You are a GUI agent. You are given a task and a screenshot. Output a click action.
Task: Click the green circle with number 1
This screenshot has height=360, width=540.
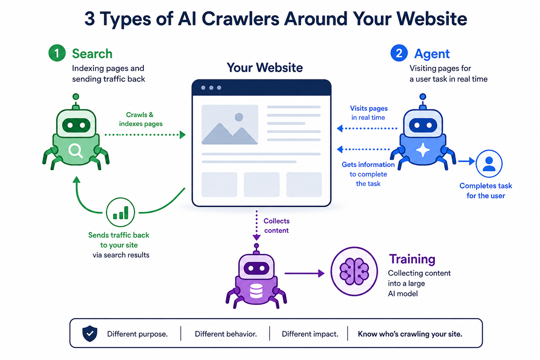[57, 53]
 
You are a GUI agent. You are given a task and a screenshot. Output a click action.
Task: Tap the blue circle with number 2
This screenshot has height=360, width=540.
[399, 53]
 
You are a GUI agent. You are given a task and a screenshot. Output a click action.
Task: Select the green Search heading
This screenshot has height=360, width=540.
[92, 53]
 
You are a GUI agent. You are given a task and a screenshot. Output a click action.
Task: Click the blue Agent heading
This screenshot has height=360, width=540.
[432, 54]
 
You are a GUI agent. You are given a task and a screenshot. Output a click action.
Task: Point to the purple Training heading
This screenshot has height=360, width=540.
[412, 259]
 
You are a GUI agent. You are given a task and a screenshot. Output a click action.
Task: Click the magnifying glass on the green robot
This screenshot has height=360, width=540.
[76, 151]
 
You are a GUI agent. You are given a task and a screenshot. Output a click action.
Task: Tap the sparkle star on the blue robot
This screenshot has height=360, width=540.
[423, 150]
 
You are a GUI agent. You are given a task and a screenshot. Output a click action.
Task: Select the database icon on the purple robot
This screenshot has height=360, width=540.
[256, 291]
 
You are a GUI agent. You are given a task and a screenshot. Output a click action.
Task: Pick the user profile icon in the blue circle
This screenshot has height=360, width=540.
[489, 164]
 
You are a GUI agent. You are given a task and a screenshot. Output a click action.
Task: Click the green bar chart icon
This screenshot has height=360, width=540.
[121, 212]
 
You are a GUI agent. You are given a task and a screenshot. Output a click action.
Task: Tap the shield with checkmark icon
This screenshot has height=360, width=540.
[90, 334]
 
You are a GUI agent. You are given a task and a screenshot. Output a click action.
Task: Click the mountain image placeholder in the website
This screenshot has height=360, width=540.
[230, 125]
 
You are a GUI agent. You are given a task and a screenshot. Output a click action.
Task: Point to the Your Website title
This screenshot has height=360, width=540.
[265, 67]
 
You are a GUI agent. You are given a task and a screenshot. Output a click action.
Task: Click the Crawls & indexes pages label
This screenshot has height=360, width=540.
[141, 119]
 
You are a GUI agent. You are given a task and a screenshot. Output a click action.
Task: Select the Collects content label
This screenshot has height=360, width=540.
[276, 226]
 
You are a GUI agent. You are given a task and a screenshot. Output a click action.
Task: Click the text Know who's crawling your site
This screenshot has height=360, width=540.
[410, 334]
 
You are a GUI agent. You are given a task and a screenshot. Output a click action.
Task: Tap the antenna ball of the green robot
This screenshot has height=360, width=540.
[76, 97]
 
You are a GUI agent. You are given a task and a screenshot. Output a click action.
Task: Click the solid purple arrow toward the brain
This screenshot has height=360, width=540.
[304, 274]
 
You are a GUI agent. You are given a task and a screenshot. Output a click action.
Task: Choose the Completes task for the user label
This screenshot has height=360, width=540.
[486, 191]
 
